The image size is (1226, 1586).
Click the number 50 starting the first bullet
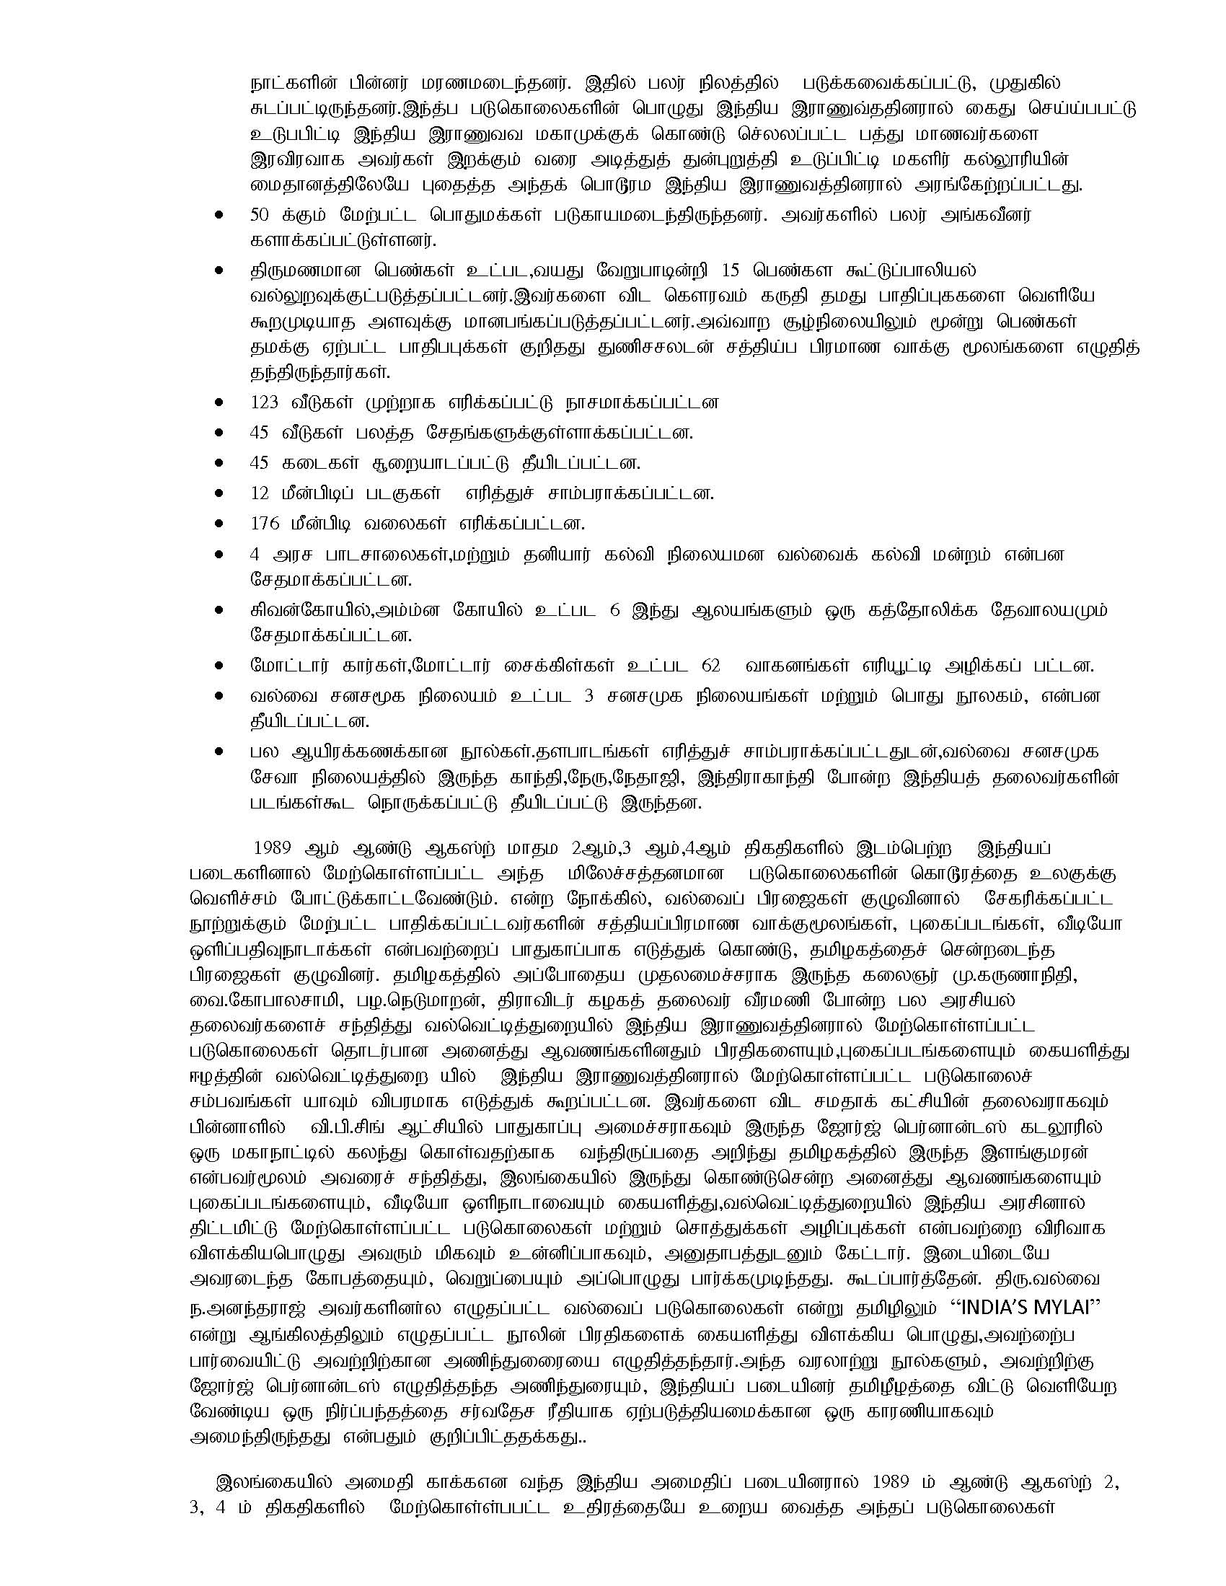(259, 216)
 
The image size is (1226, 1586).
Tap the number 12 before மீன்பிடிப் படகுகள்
(259, 493)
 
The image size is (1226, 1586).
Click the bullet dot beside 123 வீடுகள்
(219, 402)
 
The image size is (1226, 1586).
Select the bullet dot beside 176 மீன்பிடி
(219, 524)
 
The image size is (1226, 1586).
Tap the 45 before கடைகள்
(259, 463)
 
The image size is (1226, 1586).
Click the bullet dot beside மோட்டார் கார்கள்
(219, 666)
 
